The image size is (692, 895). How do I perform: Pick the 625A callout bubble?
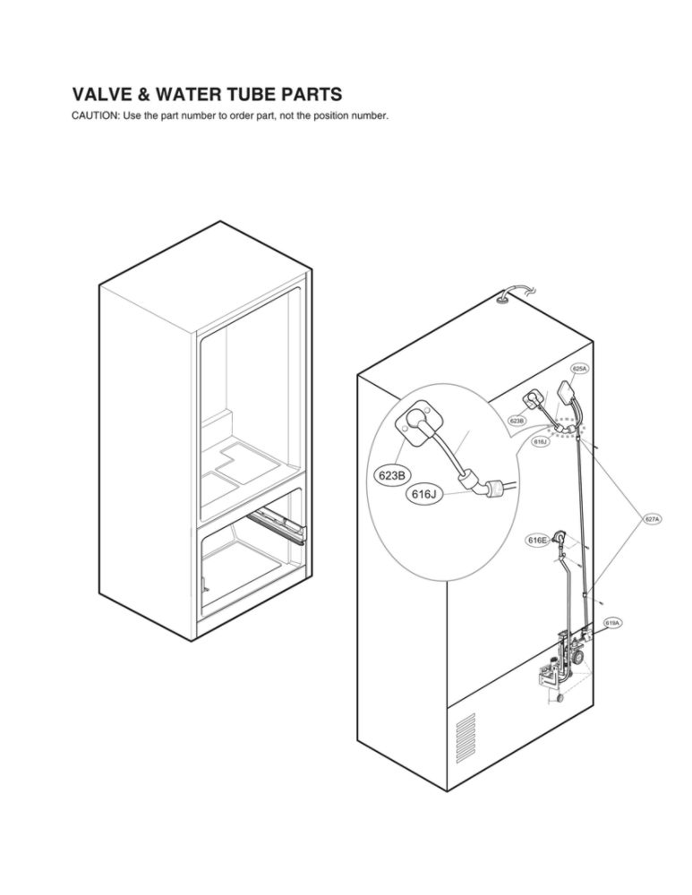pos(579,369)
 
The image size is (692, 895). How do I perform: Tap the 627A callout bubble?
pos(653,519)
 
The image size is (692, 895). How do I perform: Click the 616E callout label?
pos(537,540)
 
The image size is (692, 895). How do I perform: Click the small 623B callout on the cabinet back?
pos(517,420)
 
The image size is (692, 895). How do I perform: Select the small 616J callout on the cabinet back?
pos(540,441)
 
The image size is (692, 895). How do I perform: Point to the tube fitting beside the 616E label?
pos(560,537)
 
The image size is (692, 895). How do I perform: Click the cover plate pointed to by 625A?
pos(566,393)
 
